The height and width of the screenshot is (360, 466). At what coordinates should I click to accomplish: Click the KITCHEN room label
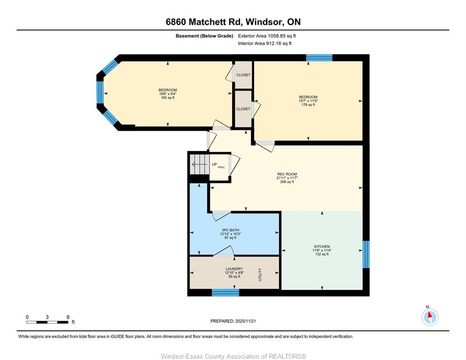[322, 247]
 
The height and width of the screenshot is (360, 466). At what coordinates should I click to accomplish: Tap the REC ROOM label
[287, 174]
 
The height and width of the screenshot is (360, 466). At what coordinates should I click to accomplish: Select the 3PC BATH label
[230, 230]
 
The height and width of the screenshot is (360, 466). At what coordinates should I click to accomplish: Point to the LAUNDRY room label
[234, 269]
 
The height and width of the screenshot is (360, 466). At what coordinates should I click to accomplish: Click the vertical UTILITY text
[260, 274]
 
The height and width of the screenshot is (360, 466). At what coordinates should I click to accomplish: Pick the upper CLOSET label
[243, 75]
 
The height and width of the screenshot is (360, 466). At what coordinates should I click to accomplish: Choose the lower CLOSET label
[243, 109]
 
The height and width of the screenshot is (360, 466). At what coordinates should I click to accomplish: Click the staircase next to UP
[199, 165]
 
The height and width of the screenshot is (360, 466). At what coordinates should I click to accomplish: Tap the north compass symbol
[430, 316]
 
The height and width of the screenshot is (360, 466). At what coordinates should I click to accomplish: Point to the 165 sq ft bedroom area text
[168, 97]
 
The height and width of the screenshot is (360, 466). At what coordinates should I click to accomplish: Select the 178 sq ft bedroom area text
[308, 105]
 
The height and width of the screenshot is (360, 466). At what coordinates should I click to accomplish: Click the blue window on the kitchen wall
[366, 255]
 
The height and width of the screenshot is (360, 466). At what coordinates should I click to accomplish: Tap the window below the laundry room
[225, 292]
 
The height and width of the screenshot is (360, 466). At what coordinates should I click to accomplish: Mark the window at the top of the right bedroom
[319, 58]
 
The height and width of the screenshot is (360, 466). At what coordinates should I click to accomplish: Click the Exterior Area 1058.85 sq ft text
[267, 36]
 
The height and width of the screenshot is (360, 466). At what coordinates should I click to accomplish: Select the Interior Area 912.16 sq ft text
[265, 44]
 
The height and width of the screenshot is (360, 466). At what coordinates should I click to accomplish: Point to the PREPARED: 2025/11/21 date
[233, 321]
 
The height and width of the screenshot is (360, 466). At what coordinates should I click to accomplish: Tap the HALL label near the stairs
[221, 167]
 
